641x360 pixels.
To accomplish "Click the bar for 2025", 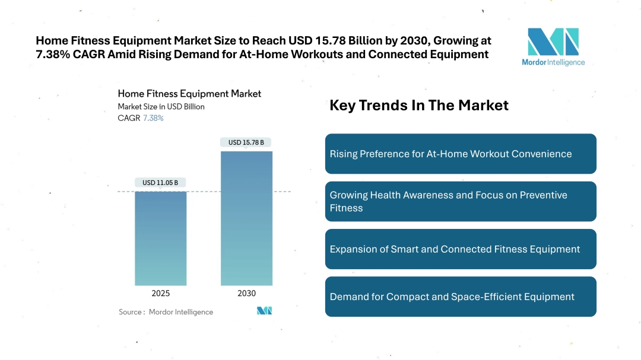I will pos(160,238).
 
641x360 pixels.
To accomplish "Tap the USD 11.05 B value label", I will pos(160,183).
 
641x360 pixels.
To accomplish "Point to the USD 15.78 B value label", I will pos(246,142).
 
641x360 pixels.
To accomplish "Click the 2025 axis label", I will pos(160,294).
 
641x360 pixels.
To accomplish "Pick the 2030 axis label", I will pos(246,294).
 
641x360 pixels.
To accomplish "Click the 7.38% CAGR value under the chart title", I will pos(153,118).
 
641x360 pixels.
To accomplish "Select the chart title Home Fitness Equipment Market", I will pos(189,94).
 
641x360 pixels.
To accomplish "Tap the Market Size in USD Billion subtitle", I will pos(161,107).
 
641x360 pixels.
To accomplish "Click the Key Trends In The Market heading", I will pos(419,106).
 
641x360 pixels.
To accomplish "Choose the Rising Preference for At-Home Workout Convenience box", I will pos(461,154).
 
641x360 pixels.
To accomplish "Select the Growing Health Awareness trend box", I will pos(461,202).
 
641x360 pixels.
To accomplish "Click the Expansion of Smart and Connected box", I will pos(461,249).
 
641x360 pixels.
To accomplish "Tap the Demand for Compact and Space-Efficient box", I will pos(461,297).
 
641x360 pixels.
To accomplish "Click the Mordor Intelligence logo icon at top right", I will pos(553,42).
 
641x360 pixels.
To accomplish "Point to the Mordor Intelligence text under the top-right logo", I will pos(553,62).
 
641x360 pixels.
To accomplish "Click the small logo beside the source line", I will pos(264,311).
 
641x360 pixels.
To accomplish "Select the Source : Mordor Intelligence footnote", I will pos(166,312).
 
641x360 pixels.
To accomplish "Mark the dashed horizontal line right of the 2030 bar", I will pos(282,192).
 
